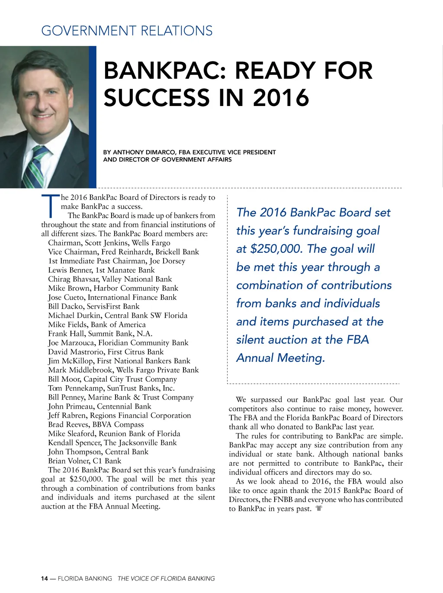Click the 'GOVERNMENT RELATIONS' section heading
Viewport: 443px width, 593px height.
[127, 31]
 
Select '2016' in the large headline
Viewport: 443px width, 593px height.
[281, 97]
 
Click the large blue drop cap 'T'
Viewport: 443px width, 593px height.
[50, 206]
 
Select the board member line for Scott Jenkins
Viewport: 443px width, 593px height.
[109, 243]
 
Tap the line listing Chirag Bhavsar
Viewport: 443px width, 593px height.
[110, 279]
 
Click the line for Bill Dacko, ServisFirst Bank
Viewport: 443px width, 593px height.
[93, 306]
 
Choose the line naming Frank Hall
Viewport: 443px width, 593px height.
[100, 334]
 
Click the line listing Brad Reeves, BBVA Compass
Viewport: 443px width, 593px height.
[96, 425]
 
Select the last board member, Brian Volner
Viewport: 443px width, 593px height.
[84, 461]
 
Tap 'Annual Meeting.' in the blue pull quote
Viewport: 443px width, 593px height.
[280, 358]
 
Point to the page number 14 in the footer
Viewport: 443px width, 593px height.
[45, 579]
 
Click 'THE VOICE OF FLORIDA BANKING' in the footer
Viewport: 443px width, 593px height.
[166, 579]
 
